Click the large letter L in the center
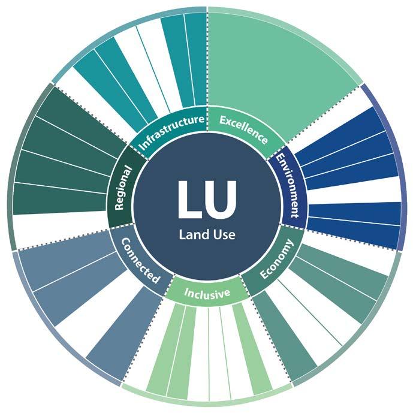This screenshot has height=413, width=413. [x=191, y=200]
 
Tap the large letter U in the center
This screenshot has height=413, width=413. [x=221, y=200]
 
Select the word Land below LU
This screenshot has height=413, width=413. [x=192, y=234]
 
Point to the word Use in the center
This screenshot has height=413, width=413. [x=222, y=234]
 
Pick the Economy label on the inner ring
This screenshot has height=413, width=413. [x=276, y=259]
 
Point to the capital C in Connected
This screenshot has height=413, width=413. [x=126, y=243]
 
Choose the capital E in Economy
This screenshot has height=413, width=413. [x=264, y=275]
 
